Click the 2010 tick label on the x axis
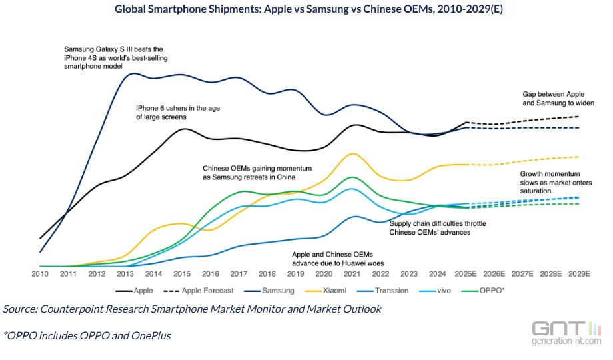click(x=41, y=274)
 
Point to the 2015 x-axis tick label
click(x=182, y=274)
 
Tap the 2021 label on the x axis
click(x=352, y=274)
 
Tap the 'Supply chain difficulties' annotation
click(x=438, y=227)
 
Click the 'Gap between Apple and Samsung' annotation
click(x=558, y=99)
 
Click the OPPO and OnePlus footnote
click(x=87, y=335)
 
